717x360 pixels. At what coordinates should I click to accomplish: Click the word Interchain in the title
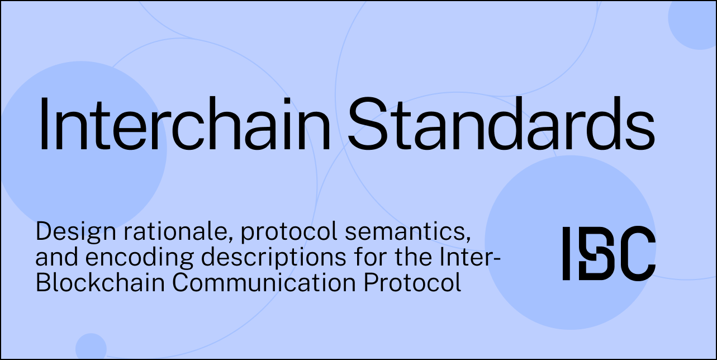184,124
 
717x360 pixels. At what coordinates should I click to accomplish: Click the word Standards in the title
502,124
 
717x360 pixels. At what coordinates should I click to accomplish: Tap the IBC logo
609,253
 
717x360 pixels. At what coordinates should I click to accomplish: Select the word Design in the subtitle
75,233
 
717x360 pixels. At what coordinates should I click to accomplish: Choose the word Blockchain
101,282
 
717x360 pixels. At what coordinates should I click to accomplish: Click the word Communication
264,282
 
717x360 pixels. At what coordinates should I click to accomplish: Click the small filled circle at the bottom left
91,347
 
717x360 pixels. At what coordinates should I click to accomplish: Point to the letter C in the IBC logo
636,253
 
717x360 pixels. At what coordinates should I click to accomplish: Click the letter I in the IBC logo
566,253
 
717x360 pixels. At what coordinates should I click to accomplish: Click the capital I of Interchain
44,124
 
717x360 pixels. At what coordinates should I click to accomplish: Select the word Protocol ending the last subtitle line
412,282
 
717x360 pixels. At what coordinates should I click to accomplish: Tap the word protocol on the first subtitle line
289,233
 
